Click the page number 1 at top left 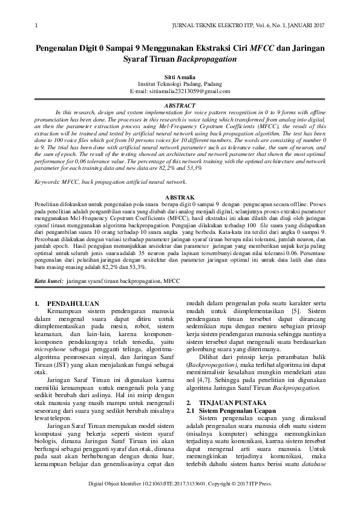pos(37,25)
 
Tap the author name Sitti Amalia pos(180,77)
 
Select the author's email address pos(180,91)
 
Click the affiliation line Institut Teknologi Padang pos(180,84)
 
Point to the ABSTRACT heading pos(180,105)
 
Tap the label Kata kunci pos(48,281)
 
